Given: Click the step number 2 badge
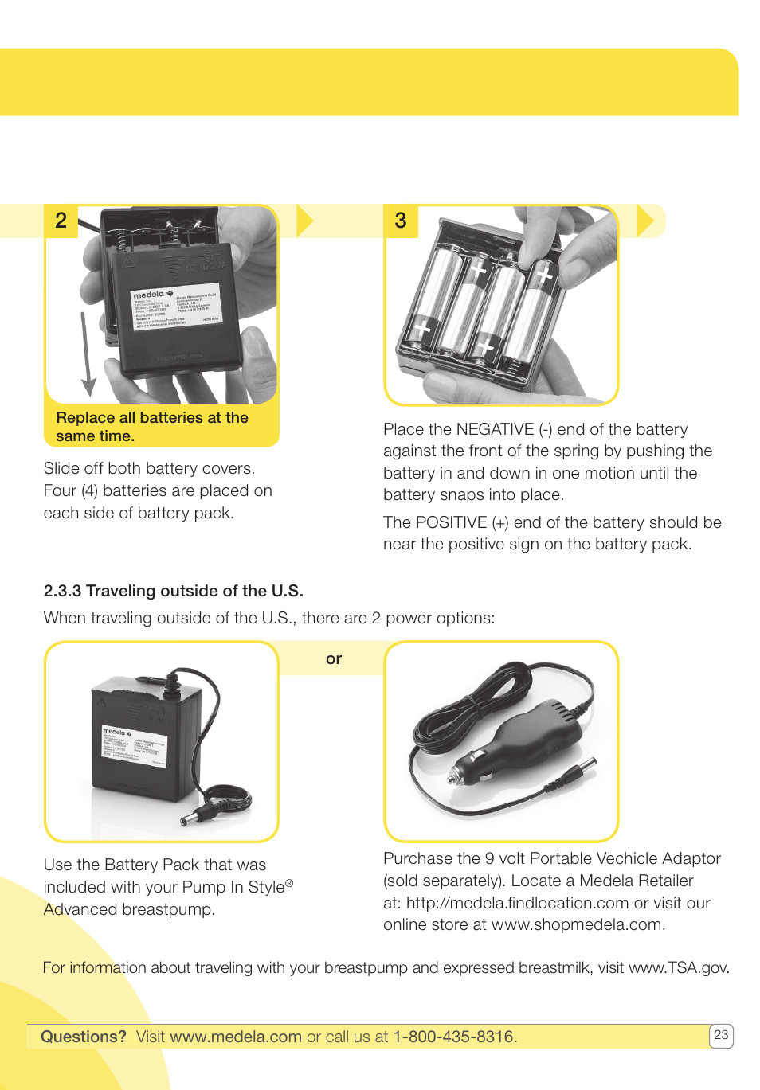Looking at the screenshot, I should (x=61, y=221).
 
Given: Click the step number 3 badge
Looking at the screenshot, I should (x=401, y=221).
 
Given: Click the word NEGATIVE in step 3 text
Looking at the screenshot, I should (x=495, y=430).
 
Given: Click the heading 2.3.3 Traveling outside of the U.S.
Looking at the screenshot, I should (x=173, y=591).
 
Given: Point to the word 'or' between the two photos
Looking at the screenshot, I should (x=334, y=659).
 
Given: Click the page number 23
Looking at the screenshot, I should (x=721, y=1035).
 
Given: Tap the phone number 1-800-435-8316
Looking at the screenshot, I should (x=455, y=1037).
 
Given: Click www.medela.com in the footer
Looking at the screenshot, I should (x=236, y=1037).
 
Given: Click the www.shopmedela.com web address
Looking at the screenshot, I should (x=577, y=925).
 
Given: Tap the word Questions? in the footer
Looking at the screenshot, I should (x=84, y=1037).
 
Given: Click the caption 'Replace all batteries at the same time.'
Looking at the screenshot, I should (x=151, y=427).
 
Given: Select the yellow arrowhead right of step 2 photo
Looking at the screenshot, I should (x=304, y=221).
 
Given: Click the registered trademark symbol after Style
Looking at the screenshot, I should (x=289, y=883).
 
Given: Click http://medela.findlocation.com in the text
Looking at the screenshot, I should (x=517, y=904).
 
